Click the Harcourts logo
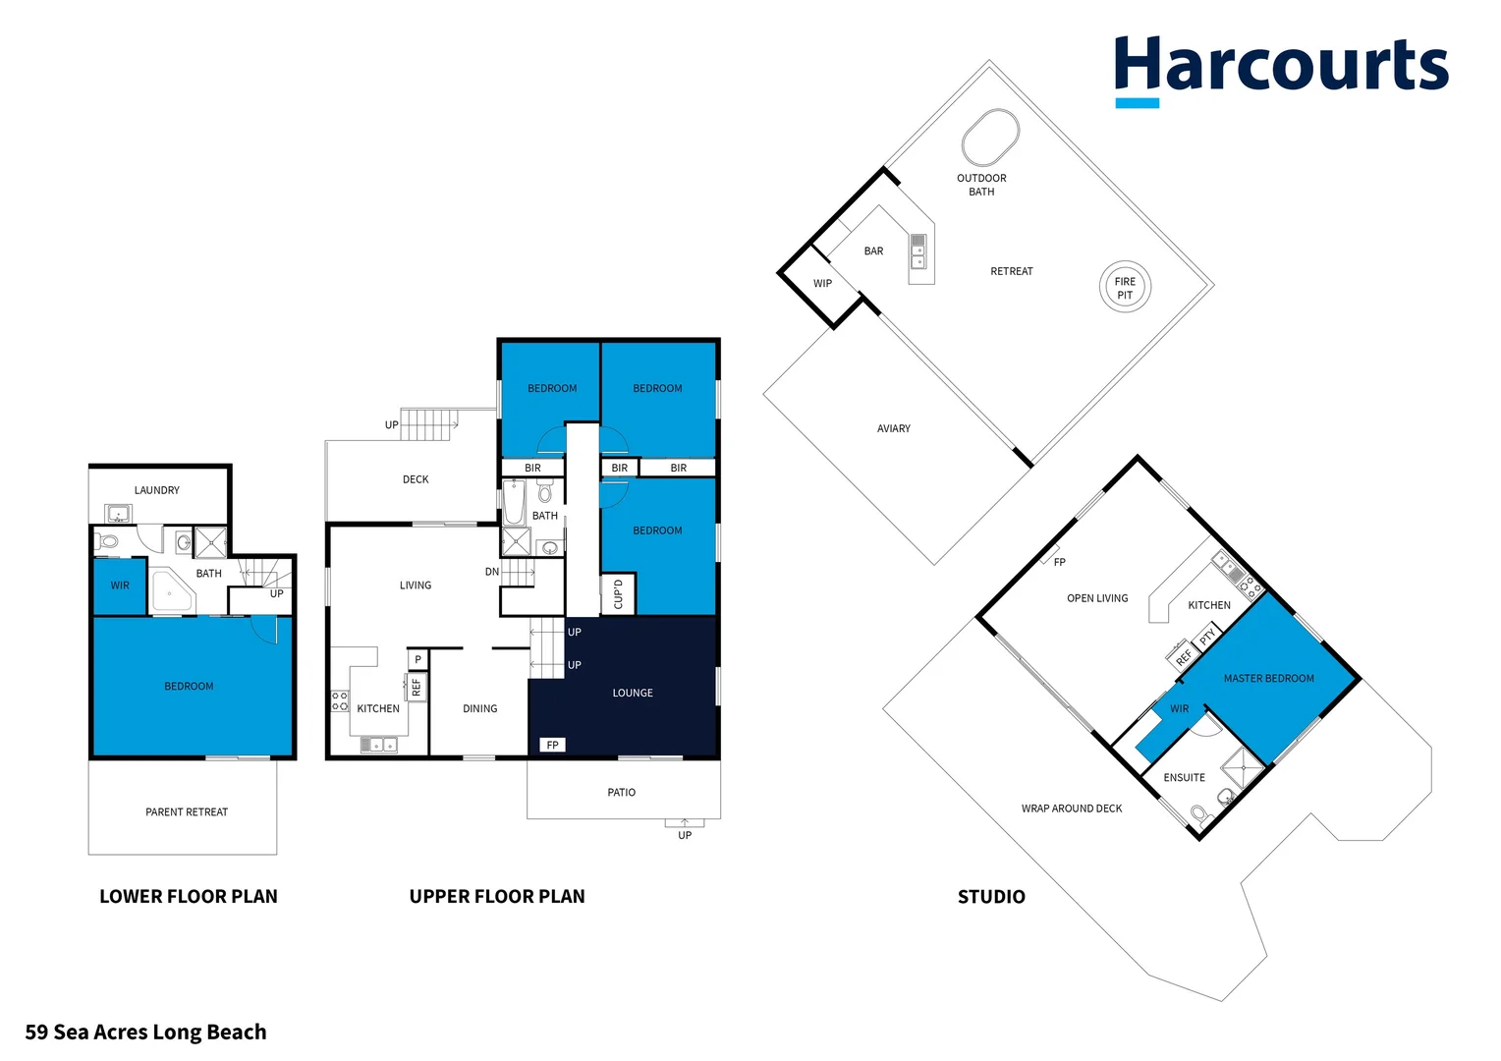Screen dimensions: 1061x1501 1281,69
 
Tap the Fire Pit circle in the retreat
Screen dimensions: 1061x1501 1125,288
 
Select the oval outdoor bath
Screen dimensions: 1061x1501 990,138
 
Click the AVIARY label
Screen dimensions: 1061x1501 893,429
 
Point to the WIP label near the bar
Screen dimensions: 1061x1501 822,284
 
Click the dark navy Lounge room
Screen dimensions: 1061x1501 633,693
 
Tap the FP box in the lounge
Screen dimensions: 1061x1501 552,745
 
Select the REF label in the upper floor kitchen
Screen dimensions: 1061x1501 417,687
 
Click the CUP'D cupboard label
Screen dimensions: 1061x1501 618,594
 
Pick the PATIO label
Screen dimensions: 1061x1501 621,792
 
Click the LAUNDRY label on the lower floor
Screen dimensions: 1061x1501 157,490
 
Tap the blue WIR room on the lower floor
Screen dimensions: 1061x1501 120,586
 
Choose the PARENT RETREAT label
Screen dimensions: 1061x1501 187,812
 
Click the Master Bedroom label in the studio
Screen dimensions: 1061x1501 1268,679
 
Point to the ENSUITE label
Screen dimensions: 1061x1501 1184,778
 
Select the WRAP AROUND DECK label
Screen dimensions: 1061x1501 1071,809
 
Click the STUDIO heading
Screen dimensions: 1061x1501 991,896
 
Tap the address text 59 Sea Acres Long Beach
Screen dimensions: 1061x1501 145,1032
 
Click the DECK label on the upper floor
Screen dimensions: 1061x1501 416,479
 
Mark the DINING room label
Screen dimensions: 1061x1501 479,708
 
